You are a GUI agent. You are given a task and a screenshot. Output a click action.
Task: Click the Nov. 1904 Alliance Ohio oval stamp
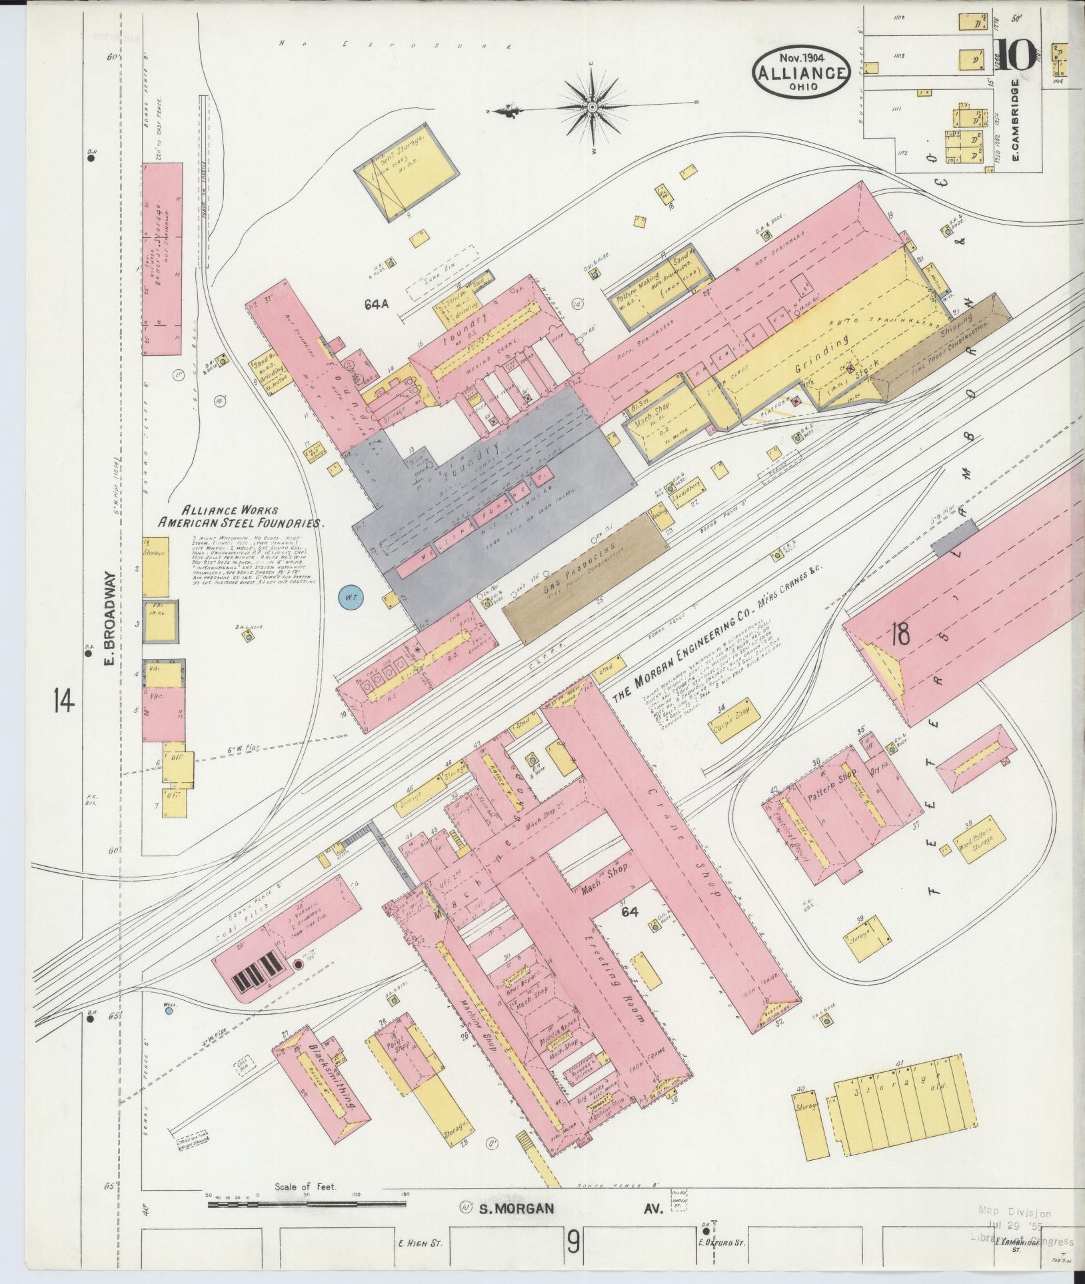(x=802, y=71)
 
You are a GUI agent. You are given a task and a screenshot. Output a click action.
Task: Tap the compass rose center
(x=591, y=107)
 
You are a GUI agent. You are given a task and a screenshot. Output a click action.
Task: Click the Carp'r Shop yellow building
(x=732, y=717)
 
